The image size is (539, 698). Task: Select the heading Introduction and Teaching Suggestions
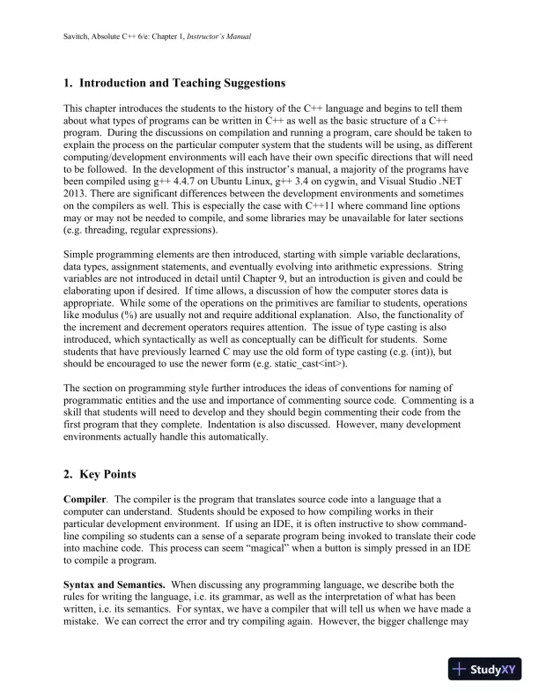182,84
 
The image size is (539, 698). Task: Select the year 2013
76,193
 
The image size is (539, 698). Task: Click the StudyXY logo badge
484,669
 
